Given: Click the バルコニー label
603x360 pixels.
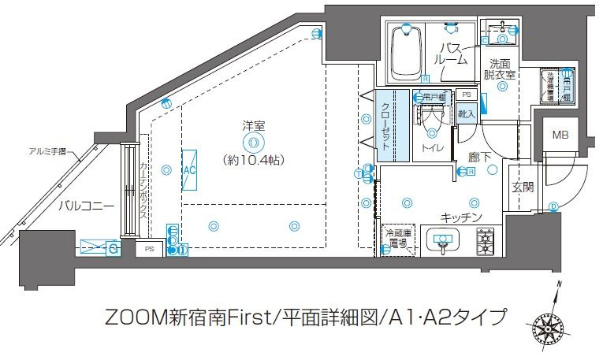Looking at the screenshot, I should click(x=86, y=206).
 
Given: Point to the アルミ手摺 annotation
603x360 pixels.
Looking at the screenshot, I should click(x=47, y=151).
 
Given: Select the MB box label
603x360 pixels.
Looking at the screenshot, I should click(x=559, y=135).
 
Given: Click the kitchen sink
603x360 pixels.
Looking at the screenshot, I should click(x=443, y=239).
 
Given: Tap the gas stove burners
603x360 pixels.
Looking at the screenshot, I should click(x=485, y=241).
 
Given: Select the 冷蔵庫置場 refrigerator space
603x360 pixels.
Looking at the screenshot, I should click(x=398, y=239).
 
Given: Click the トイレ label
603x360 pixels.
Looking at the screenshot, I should click(x=431, y=147).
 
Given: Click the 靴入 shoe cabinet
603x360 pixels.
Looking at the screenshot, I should click(x=466, y=114).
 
